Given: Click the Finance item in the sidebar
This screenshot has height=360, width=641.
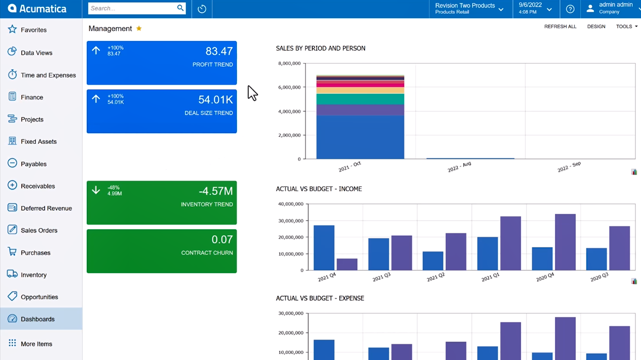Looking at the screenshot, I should point(31,97).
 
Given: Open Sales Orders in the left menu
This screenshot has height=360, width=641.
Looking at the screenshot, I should point(38,230).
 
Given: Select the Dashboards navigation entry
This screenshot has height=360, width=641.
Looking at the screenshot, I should point(38,319).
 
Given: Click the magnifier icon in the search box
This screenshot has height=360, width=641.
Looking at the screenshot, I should point(180,8).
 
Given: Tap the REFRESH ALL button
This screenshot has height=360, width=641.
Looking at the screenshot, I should point(560,27).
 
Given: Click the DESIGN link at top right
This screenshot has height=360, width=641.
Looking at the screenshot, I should point(596,27).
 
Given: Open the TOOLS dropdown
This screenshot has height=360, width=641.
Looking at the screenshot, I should point(626,27).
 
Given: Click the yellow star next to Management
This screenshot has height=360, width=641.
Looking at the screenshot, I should point(139,28).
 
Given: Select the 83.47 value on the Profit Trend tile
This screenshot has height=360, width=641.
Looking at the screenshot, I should point(219,51).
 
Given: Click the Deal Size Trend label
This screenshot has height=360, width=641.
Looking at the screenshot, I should point(208,113).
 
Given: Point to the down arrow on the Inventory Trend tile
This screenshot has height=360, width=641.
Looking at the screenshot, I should point(96,190).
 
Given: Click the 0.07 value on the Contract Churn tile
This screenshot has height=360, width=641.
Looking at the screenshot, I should point(222,239).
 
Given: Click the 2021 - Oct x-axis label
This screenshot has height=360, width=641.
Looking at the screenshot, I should point(350,166).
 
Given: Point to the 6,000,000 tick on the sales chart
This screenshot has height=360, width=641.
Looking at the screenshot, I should point(289,87).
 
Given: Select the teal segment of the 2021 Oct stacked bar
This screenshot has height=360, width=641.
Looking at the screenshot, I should point(360,99).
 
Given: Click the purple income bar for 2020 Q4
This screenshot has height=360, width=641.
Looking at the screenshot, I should point(565,242).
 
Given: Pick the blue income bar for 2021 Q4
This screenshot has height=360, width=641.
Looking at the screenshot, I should point(324,248).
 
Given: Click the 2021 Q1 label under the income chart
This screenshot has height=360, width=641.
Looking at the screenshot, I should point(490,277).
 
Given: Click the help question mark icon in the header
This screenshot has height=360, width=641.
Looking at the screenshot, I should point(570,9).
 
